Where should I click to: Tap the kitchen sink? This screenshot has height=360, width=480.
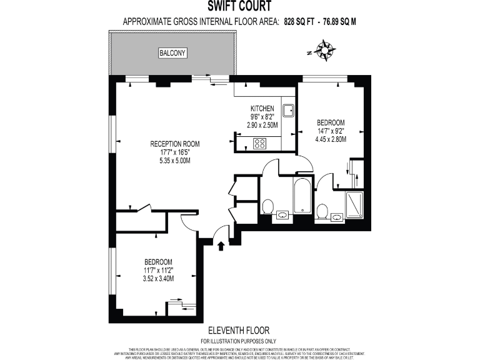pyautogui.click(x=288, y=111)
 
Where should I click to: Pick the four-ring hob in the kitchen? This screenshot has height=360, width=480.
pyautogui.click(x=259, y=143)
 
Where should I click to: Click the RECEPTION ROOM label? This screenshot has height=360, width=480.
pyautogui.click(x=174, y=144)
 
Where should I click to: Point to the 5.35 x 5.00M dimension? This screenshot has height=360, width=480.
pyautogui.click(x=174, y=161)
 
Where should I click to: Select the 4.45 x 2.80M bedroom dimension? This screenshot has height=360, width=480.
pyautogui.click(x=331, y=139)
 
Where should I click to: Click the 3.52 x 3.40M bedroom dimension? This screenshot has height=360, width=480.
pyautogui.click(x=159, y=279)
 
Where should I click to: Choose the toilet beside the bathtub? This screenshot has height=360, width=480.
pyautogui.click(x=268, y=206)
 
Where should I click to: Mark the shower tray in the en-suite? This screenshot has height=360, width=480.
pyautogui.click(x=354, y=204)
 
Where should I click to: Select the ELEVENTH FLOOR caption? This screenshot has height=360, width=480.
pyautogui.click(x=239, y=330)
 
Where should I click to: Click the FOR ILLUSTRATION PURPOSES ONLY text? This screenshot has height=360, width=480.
pyautogui.click(x=239, y=341)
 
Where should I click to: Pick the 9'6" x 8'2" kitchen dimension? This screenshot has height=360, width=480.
pyautogui.click(x=263, y=117)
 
